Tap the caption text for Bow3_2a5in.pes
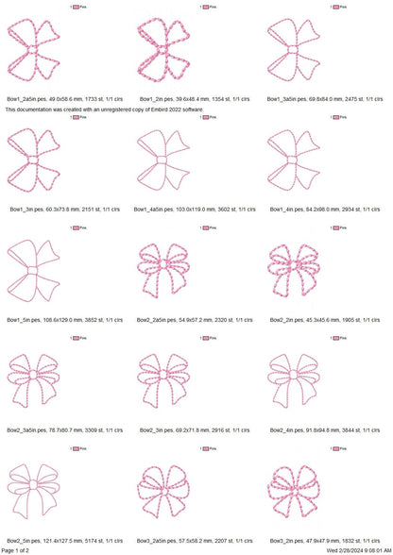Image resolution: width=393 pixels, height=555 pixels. (196, 540)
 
